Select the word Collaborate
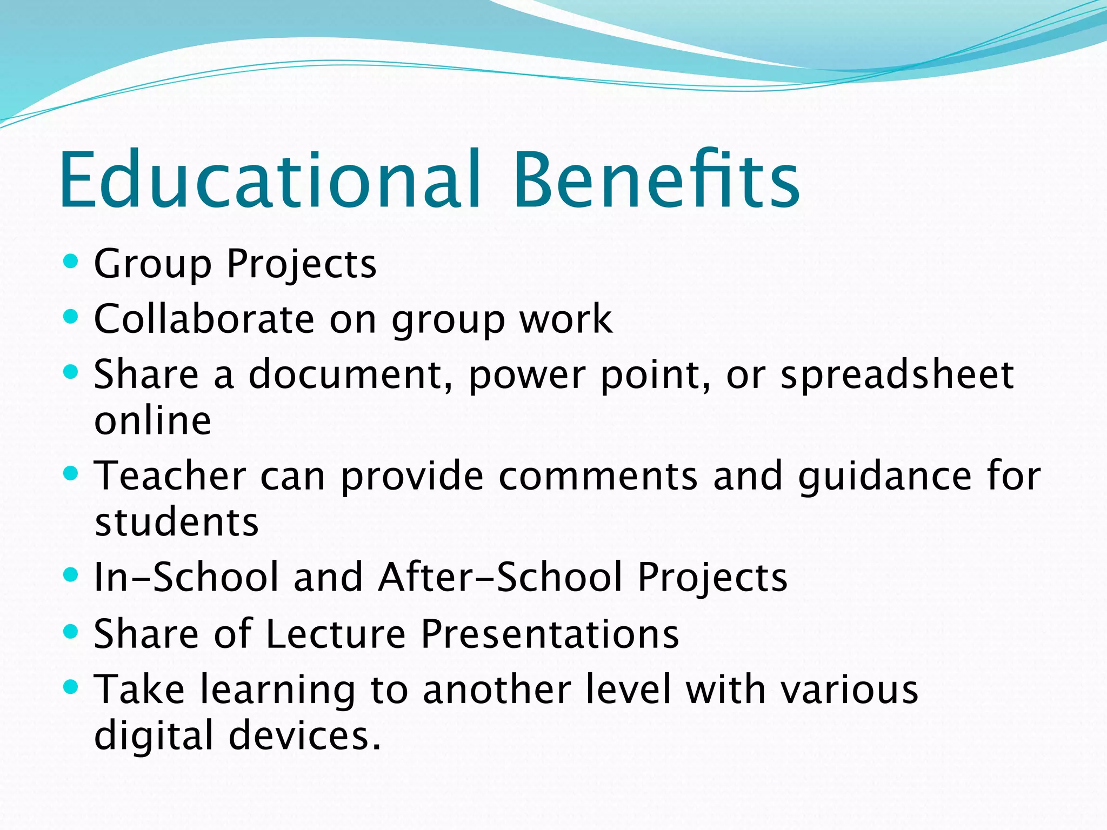click(204, 319)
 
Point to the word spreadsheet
click(897, 376)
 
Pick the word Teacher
click(170, 476)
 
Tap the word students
click(177, 523)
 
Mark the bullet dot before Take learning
click(70, 687)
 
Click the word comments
click(598, 476)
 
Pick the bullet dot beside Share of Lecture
click(70, 631)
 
